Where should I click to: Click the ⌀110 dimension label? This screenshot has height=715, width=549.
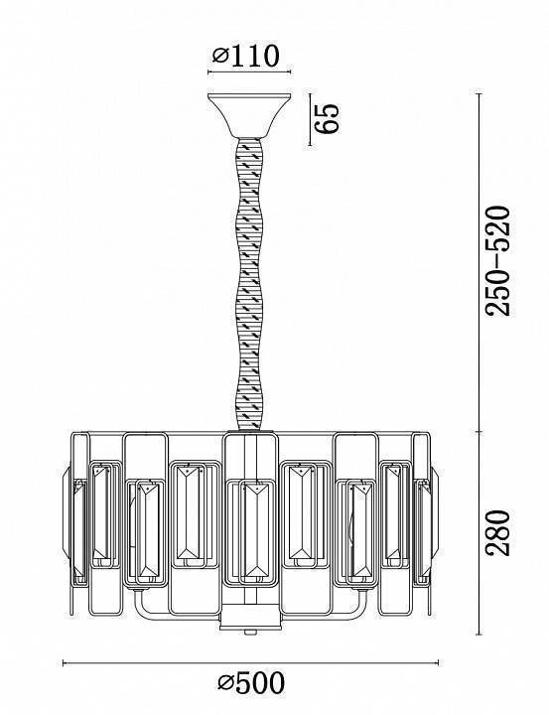pyautogui.click(x=245, y=56)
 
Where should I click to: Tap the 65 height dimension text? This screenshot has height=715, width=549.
pyautogui.click(x=329, y=119)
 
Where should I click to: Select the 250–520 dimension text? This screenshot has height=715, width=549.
pyautogui.click(x=496, y=260)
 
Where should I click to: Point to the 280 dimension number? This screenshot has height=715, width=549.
pyautogui.click(x=496, y=532)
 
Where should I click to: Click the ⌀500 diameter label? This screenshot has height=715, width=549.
pyautogui.click(x=252, y=682)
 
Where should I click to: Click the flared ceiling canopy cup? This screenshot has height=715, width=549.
pyautogui.click(x=249, y=116)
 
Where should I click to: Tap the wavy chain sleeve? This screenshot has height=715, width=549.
pyautogui.click(x=249, y=284)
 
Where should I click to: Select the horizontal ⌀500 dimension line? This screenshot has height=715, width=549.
pyautogui.click(x=250, y=662)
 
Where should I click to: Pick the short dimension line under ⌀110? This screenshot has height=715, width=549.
pyautogui.click(x=249, y=72)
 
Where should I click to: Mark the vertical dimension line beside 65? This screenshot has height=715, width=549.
pyautogui.click(x=310, y=119)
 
